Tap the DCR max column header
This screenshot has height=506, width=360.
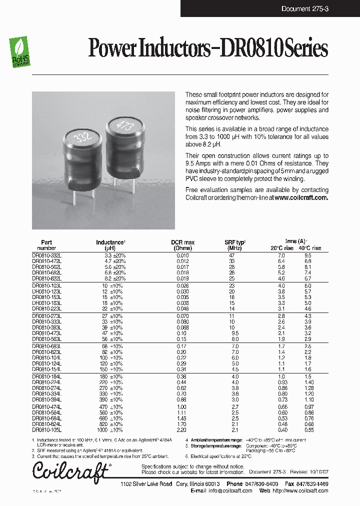point(182,245)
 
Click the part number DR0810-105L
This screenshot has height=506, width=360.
point(47,430)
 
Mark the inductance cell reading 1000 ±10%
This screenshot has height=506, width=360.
point(110,430)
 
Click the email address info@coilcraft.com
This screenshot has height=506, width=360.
point(228,491)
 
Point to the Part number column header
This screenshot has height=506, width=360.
point(46,245)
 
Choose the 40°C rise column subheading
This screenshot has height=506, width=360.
point(310,248)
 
